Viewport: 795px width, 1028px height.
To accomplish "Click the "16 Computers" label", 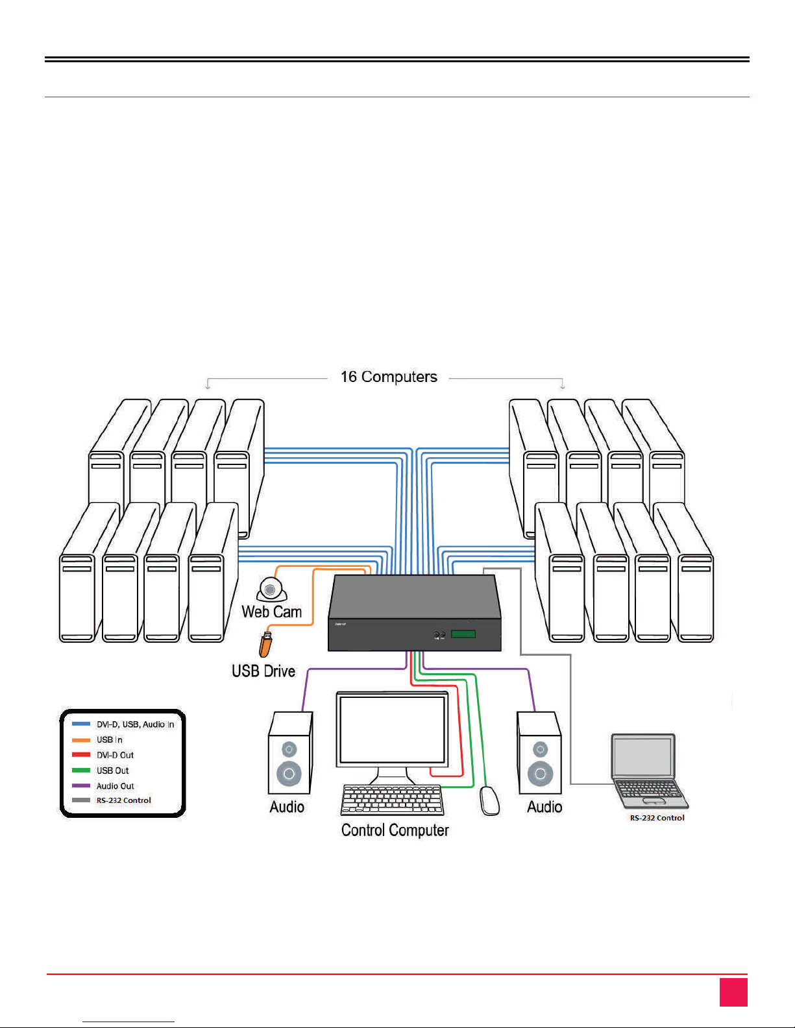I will pos(389,377).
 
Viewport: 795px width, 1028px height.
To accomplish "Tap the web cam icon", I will pos(271,590).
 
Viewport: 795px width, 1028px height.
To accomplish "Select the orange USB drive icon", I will pos(265,644).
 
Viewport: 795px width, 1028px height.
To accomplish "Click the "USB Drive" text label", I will pos(263,671).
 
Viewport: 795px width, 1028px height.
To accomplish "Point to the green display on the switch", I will pos(463,634).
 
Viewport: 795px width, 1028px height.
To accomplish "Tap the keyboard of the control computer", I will pos(392,800).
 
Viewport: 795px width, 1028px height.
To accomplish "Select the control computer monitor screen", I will pos(392,729).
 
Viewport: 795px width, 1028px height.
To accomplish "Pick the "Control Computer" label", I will pos(395,830).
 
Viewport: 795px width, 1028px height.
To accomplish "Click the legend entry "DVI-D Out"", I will pos(115,755).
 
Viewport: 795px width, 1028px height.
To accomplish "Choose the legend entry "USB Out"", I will pos(112,771).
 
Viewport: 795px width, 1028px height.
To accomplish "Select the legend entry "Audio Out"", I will pos(115,786).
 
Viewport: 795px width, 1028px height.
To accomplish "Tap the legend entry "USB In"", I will pos(109,739).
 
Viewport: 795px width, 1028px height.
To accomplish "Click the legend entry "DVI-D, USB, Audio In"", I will pos(135,724).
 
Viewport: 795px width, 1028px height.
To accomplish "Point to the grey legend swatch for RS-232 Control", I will pos(81,800).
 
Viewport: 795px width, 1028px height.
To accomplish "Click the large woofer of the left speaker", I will pos(289,773).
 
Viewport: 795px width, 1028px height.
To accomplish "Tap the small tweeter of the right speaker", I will pos(540,750).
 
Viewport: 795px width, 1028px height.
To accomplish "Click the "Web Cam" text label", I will pos(271,612).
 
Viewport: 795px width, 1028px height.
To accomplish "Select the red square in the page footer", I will pos(733,992).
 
